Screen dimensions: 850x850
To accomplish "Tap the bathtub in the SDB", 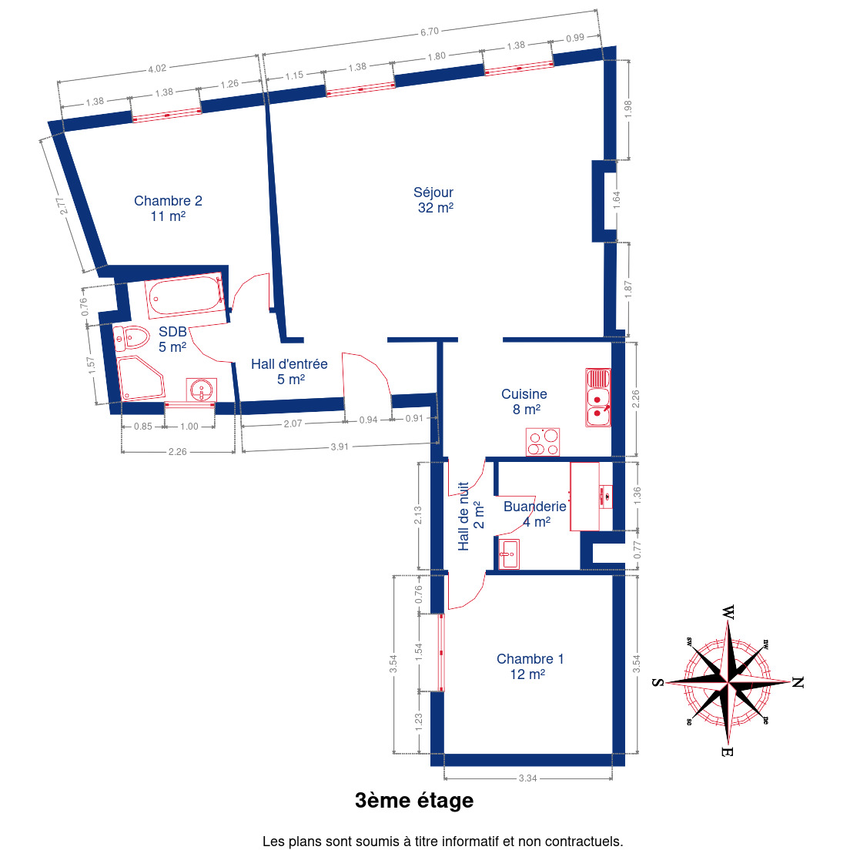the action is point(185,296).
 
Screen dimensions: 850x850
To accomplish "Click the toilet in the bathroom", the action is point(132,338).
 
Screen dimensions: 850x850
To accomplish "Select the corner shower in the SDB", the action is point(141,378).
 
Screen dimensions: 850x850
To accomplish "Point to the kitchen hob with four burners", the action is point(543,442).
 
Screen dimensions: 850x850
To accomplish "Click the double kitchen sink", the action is point(598,397).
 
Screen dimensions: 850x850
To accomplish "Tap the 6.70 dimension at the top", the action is point(430,32).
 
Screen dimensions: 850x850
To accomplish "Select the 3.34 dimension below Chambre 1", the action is point(527,778).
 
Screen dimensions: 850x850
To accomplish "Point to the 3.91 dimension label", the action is point(340,447).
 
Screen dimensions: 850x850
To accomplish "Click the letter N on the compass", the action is point(798,682).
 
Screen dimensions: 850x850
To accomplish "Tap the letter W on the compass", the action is point(728,613).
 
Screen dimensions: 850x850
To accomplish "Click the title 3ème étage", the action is point(414,801).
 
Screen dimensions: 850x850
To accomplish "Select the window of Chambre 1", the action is point(441,653).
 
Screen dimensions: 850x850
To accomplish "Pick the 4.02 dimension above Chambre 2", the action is point(157,69).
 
